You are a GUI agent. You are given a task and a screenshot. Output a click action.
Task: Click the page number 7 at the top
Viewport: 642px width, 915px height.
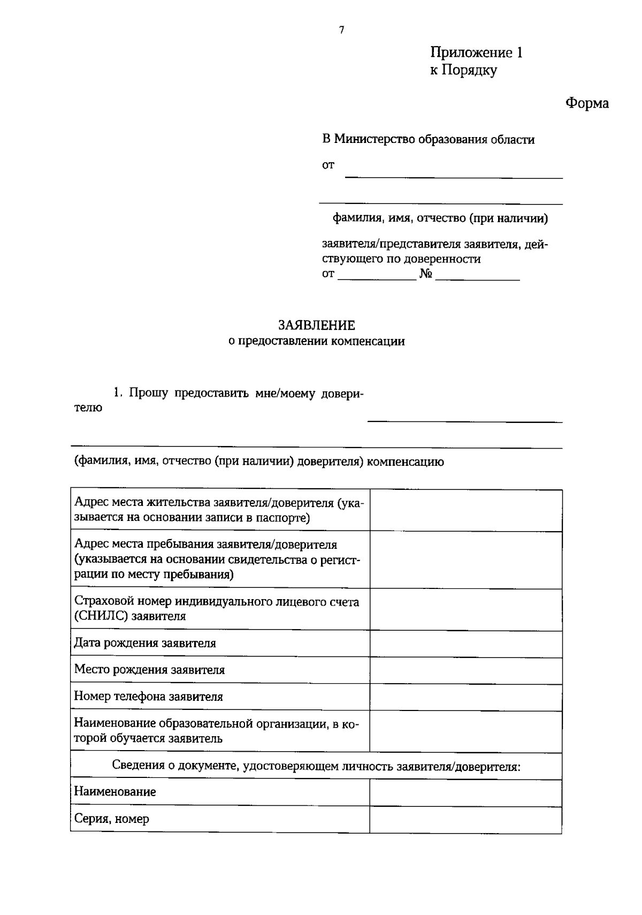(341, 30)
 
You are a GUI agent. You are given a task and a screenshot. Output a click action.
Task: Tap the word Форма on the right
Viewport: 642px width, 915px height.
(587, 103)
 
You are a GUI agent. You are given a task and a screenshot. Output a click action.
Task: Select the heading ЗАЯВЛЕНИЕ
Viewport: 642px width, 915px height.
(316, 325)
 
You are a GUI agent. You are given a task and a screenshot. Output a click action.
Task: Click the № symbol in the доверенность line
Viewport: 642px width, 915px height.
(425, 274)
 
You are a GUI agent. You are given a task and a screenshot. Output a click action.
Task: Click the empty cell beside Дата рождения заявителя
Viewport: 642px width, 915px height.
(465, 644)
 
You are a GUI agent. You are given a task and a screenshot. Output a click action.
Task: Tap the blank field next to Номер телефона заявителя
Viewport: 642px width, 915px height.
(465, 697)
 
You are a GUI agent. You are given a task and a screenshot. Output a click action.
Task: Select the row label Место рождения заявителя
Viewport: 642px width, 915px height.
(149, 670)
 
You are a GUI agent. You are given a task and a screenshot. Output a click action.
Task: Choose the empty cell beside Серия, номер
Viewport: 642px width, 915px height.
(465, 819)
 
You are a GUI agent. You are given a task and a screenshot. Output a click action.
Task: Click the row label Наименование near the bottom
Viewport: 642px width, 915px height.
(115, 791)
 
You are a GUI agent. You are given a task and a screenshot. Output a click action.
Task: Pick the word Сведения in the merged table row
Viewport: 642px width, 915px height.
(137, 766)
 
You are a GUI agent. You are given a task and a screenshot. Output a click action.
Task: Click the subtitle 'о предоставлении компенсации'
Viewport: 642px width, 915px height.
(316, 341)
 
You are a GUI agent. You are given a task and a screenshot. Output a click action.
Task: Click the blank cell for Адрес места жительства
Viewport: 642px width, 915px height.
(465, 510)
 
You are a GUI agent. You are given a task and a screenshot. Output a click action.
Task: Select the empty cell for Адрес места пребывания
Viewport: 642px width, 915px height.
(465, 559)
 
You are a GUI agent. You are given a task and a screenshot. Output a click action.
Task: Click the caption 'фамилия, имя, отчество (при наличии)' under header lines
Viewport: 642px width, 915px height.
(440, 218)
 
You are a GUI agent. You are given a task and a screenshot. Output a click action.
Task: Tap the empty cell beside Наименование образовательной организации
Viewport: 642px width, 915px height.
(465, 731)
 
